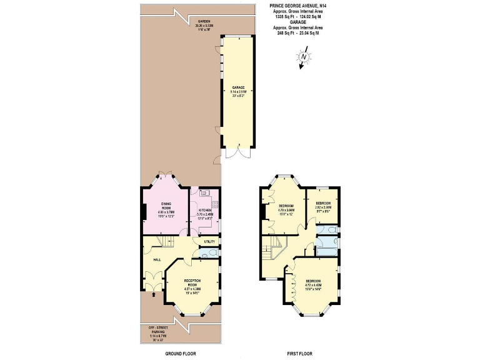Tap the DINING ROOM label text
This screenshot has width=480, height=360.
click(x=167, y=206)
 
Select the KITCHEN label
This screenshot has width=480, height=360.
click(x=206, y=209)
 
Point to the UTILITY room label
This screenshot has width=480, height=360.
click(x=209, y=241)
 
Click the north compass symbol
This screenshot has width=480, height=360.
click(x=303, y=58)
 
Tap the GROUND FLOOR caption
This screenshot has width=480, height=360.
click(x=180, y=354)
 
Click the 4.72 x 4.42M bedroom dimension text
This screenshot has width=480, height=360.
click(x=314, y=285)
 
